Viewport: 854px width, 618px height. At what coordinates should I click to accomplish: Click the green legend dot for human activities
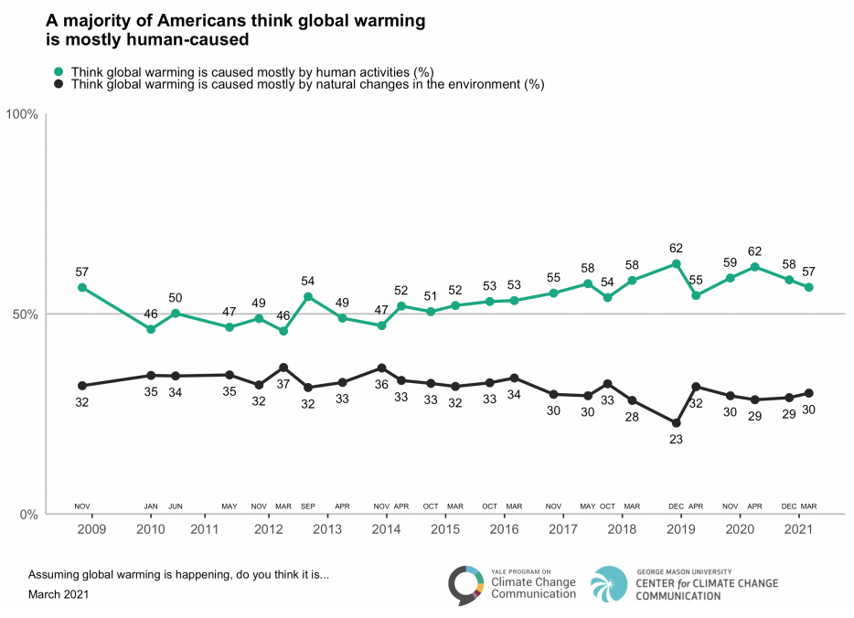coord(59,71)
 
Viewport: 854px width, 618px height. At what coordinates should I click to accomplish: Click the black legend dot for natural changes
coord(59,84)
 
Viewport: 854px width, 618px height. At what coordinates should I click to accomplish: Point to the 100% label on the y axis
coord(22,114)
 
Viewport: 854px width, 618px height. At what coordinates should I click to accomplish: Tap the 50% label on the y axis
coord(25,314)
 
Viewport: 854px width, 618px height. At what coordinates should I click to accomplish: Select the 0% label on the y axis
coord(28,515)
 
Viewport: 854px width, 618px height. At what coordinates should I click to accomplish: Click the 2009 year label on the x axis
coord(91,529)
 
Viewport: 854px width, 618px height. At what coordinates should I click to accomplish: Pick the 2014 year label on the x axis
coord(386,529)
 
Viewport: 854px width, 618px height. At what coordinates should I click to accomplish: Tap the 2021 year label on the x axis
coord(799,529)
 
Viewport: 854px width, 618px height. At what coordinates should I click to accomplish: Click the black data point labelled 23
coord(676,423)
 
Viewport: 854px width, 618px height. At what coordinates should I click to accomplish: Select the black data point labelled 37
coord(283,368)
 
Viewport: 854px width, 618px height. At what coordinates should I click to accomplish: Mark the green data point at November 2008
coord(82,287)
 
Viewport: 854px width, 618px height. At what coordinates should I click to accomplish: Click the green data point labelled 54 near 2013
coord(308,296)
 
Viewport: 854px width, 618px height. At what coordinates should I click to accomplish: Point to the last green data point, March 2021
coord(808,287)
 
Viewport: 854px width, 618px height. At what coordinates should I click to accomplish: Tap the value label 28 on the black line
coord(632,417)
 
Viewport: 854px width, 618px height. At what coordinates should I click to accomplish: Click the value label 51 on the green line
coord(431,295)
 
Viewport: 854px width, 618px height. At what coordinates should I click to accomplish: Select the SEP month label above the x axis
coord(308,506)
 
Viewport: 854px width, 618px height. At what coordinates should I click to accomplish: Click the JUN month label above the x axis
coord(176,506)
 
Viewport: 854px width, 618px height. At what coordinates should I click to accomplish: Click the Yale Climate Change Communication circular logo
coord(465,586)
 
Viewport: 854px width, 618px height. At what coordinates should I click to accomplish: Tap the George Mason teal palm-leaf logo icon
coord(609,585)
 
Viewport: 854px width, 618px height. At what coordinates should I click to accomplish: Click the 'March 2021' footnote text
coord(59,594)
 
